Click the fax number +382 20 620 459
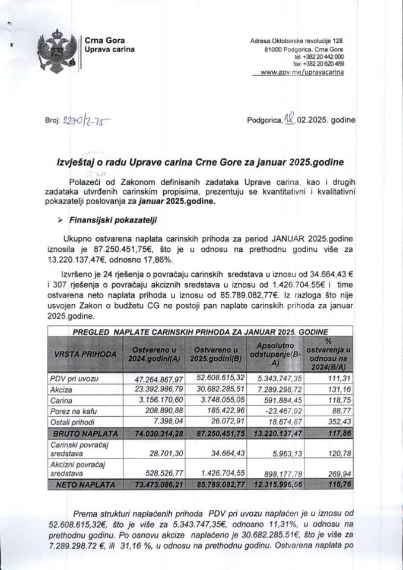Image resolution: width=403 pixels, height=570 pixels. pos(318,64)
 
